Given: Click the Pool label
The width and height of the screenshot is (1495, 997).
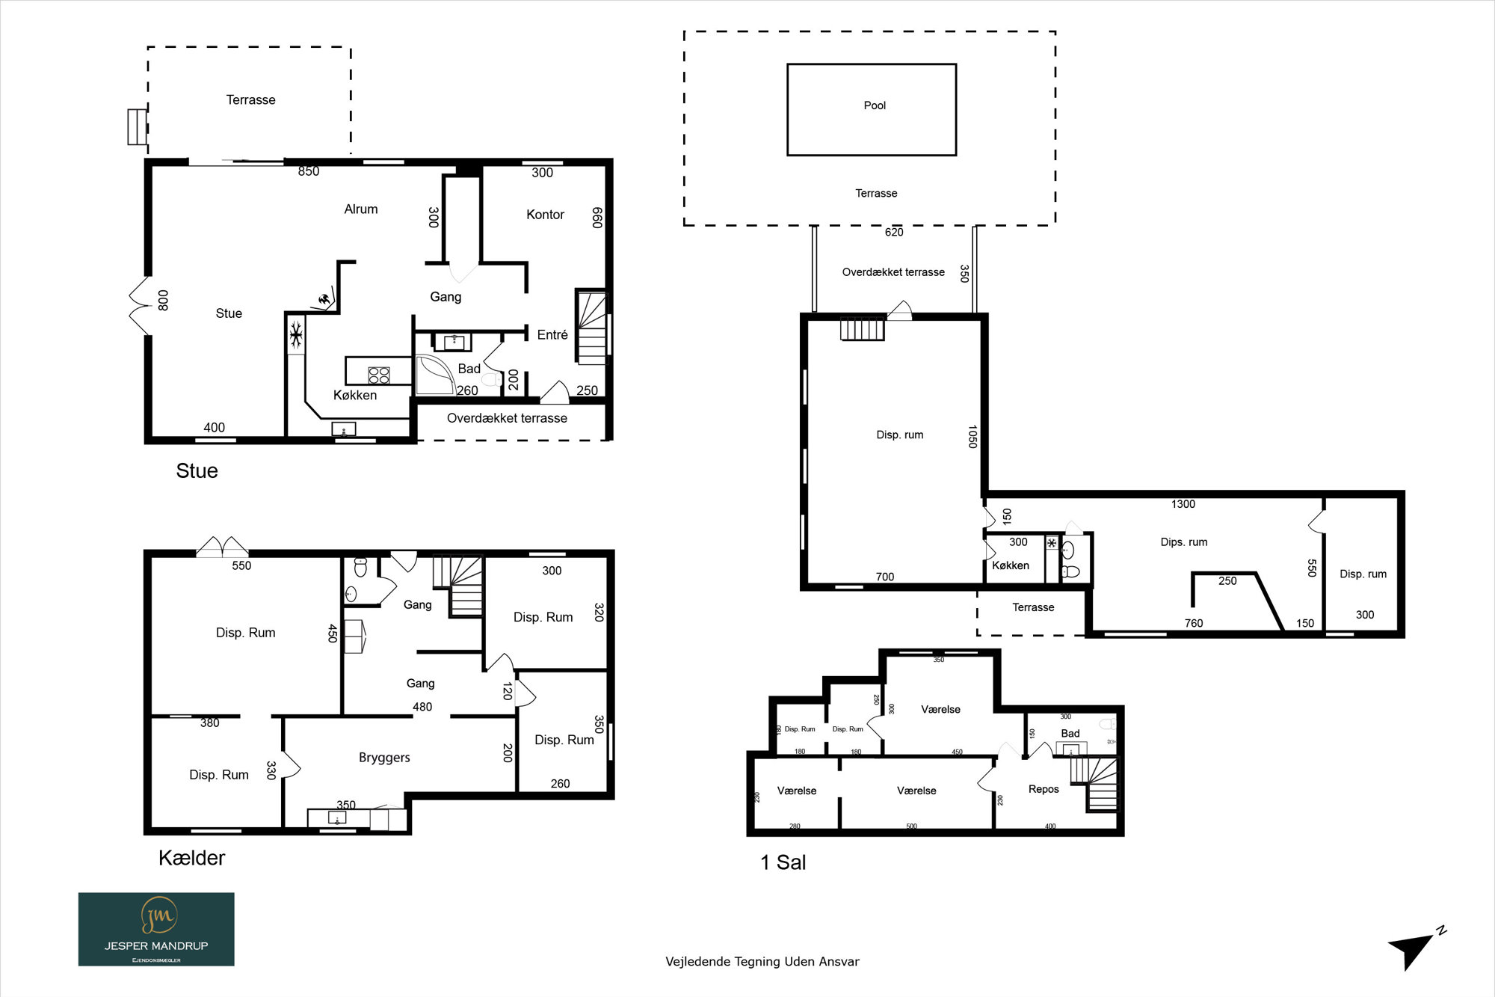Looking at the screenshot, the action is pos(875,105).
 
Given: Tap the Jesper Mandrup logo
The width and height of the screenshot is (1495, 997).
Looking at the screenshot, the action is pos(156,929).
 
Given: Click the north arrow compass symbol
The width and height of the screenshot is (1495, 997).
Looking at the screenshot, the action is pos(1417,948).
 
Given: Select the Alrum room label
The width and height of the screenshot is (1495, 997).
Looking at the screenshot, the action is pos(361,209).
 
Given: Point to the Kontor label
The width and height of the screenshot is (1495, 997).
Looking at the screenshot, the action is pos(545,215).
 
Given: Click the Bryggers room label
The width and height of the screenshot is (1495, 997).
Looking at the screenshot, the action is pos(384,758).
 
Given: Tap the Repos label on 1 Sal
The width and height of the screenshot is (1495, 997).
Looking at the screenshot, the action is pos(1044,789).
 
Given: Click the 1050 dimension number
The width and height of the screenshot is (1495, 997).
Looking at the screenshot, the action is pos(972,437).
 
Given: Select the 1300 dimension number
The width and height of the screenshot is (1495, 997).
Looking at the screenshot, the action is pos(1183,504).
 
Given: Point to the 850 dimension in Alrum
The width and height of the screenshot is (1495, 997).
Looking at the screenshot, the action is pos(309,171).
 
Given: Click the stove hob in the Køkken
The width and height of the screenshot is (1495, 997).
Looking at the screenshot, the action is pos(379,375).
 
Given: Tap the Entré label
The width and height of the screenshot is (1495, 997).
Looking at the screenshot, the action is pos(552,335).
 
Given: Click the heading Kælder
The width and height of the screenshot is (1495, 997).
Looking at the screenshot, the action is pos(191,858).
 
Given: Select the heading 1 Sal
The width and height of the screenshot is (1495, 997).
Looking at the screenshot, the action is pos(783,862).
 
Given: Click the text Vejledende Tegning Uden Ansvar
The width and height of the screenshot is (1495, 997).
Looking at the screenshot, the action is pos(762,962).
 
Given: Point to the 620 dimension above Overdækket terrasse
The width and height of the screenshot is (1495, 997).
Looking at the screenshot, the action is pos(894,232).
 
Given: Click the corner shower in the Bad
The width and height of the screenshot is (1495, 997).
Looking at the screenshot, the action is pos(434,375).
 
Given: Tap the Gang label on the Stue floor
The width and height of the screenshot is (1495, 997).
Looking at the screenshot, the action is pos(446,297).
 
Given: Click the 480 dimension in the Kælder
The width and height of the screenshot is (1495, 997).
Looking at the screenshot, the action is pos(422,707).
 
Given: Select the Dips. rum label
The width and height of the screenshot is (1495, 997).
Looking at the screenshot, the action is pos(1184,542).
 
